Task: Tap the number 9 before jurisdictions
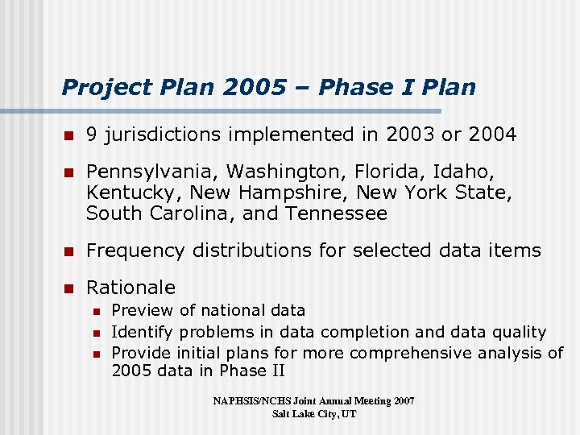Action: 93,135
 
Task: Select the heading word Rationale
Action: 130,288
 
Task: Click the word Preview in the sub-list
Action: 142,310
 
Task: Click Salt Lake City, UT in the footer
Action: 314,413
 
